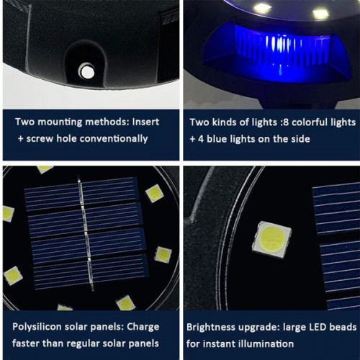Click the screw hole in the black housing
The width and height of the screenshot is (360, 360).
[x=86, y=71]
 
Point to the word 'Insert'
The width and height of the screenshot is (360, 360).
[x=143, y=122]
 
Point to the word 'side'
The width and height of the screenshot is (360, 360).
[x=303, y=138]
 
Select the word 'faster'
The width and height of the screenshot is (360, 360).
[x=27, y=343]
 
